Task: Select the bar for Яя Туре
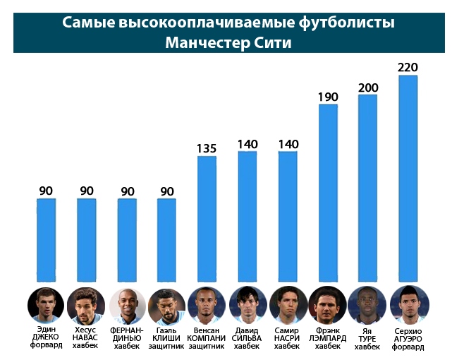pyautogui.click(x=368, y=188)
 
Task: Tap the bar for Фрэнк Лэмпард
pyautogui.click(x=328, y=193)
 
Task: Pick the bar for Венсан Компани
pyautogui.click(x=207, y=219)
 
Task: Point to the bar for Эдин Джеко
pyautogui.click(x=46, y=240)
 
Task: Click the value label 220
pyautogui.click(x=408, y=68)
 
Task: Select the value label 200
pyautogui.click(x=368, y=88)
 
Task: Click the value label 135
pyautogui.click(x=207, y=149)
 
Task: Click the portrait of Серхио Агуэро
pyautogui.click(x=408, y=304)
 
